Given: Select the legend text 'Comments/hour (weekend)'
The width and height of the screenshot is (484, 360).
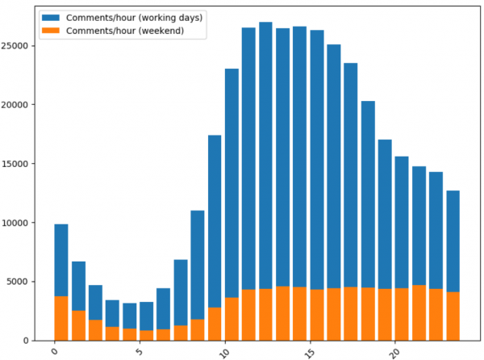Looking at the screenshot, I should coord(125,31).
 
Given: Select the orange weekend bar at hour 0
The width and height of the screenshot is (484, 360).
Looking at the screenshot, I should coord(61,318).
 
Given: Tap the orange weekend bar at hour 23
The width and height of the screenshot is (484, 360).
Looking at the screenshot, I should coord(453,316).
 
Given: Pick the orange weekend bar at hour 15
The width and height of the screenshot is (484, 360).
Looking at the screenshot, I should coord(317,314).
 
